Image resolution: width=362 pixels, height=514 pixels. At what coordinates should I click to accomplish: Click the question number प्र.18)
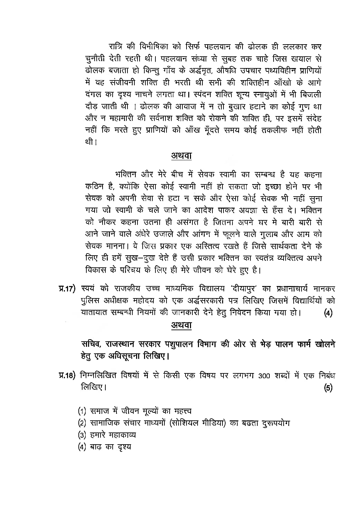[68, 376]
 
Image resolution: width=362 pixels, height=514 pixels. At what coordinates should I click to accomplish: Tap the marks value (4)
[328, 313]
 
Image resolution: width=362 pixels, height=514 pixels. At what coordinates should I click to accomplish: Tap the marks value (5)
[328, 388]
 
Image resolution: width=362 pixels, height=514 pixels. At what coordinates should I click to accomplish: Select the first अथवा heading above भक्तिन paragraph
[181, 156]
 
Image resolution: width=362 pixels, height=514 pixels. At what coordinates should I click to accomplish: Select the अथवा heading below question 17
[181, 325]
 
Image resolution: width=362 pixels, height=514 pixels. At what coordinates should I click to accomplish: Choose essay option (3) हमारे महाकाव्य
[107, 435]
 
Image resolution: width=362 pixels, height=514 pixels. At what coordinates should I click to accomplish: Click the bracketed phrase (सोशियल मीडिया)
[198, 423]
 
